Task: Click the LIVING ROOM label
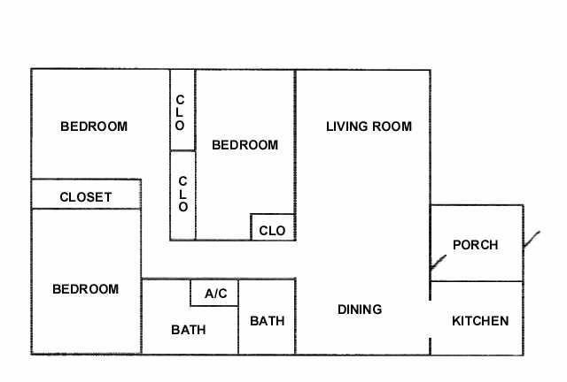coord(369,126)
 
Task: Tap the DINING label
coord(360,309)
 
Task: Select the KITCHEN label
coord(480,321)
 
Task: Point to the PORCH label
coord(476,245)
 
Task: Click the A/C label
coord(216,294)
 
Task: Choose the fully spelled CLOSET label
coord(86,197)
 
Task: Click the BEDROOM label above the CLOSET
coord(94,126)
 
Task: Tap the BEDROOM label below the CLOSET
coord(86,289)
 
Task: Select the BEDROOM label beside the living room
coord(245,145)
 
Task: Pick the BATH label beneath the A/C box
coord(189,330)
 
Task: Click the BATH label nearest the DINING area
coord(268,321)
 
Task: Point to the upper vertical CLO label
coord(180,112)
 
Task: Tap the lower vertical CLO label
coord(183,194)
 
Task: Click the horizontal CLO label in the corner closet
coord(272,231)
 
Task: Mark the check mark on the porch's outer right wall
coord(532,240)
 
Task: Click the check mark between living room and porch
coord(439,263)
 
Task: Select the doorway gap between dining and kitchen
coord(430,319)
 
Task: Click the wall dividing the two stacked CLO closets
coord(183,150)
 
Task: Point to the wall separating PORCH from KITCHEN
coord(477,281)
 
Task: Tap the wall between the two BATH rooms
coord(238,330)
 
